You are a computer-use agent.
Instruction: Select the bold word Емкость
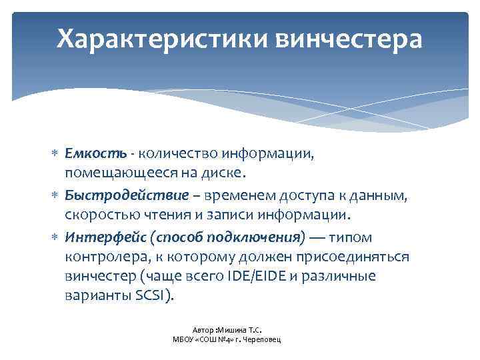95,154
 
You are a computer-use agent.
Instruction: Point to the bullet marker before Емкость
55,155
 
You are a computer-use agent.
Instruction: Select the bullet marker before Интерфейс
55,237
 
